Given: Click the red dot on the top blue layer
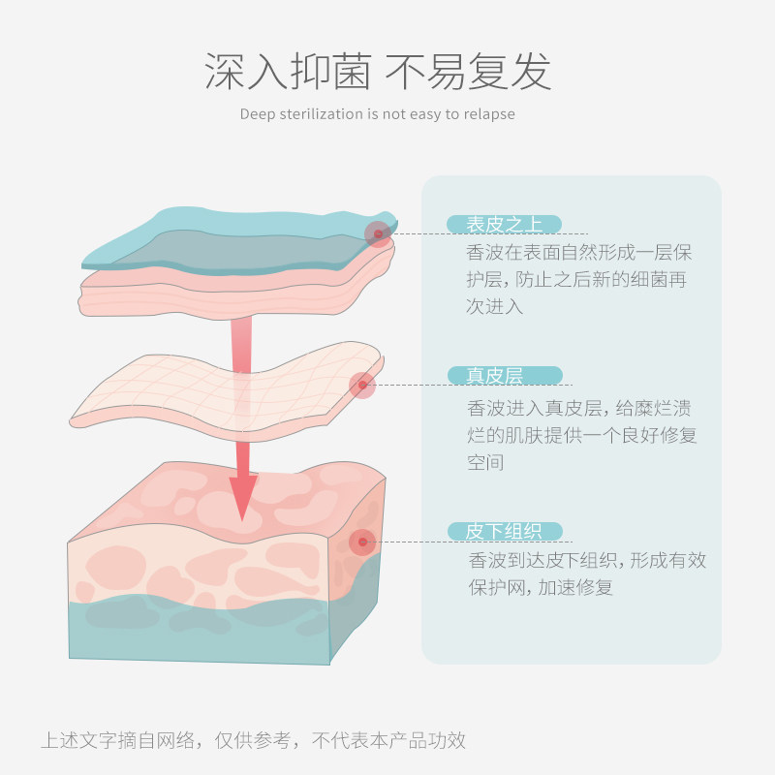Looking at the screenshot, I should point(378,233).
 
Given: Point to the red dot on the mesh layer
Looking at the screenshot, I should point(362,386).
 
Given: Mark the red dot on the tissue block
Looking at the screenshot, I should point(362,542).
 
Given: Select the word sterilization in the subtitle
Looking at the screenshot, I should point(323,114).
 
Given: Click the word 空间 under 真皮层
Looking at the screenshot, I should point(485,462).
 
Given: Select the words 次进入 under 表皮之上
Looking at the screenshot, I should point(495,307).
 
